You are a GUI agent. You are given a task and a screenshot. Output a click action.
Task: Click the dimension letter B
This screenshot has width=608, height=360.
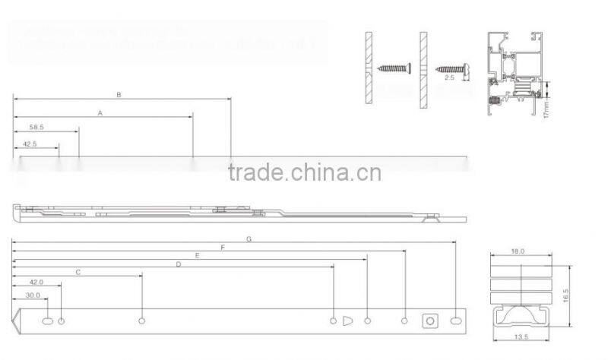pos(119,95)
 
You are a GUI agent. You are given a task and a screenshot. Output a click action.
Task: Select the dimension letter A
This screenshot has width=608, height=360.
pos(100,112)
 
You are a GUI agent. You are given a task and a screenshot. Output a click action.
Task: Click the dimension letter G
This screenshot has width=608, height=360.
pos(249,238)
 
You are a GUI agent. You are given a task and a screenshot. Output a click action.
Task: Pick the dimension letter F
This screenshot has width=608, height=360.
pos(223,248)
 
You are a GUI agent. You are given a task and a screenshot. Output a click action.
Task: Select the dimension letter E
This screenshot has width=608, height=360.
pos(197,256)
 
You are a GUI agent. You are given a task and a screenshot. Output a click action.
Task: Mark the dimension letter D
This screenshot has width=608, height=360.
pos(178,264)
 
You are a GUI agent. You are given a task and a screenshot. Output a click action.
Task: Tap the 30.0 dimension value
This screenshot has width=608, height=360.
pos(33,295)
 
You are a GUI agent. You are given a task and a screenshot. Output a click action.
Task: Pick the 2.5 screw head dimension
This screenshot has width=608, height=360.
pos(450,77)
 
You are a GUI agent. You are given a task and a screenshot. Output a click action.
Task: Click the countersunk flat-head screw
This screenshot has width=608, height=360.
pos(393,68)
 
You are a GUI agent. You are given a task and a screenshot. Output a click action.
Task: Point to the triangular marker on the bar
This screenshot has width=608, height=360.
pos(348,321)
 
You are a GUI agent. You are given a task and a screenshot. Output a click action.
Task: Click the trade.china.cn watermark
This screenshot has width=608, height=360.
pos(304,172)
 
